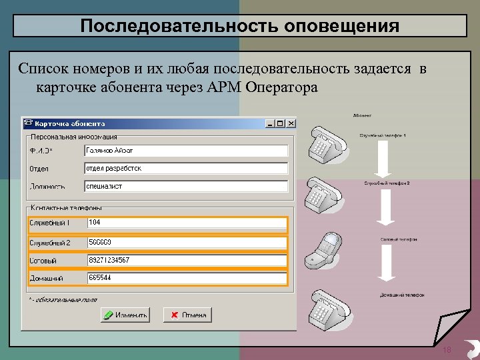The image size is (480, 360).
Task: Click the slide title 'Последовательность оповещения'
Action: pos(240,26)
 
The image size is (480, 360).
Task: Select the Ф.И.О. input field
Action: pos(187,151)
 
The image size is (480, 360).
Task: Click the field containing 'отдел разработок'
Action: pos(187,169)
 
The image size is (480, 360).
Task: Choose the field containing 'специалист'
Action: pos(187,187)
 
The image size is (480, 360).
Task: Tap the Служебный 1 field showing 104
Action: pos(187,223)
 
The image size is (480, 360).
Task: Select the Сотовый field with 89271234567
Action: pos(187,260)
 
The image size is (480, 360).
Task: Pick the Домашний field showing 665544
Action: pos(187,278)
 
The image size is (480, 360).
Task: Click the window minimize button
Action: pos(271,123)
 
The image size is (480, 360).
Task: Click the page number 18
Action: pos(447,351)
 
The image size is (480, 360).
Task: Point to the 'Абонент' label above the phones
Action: pos(363,115)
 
